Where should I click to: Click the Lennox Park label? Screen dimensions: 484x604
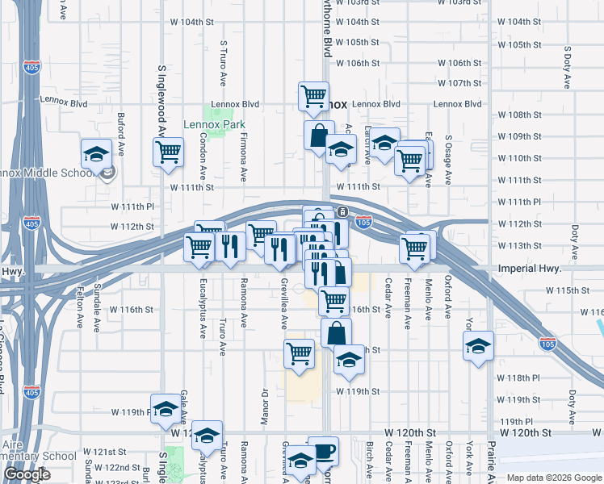click(x=214, y=124)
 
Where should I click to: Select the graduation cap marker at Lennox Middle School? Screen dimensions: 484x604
click(x=96, y=152)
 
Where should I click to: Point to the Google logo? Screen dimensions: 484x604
click(x=27, y=475)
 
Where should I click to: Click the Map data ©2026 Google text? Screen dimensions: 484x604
click(x=554, y=478)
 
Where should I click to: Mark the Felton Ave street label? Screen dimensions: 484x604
click(x=79, y=309)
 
